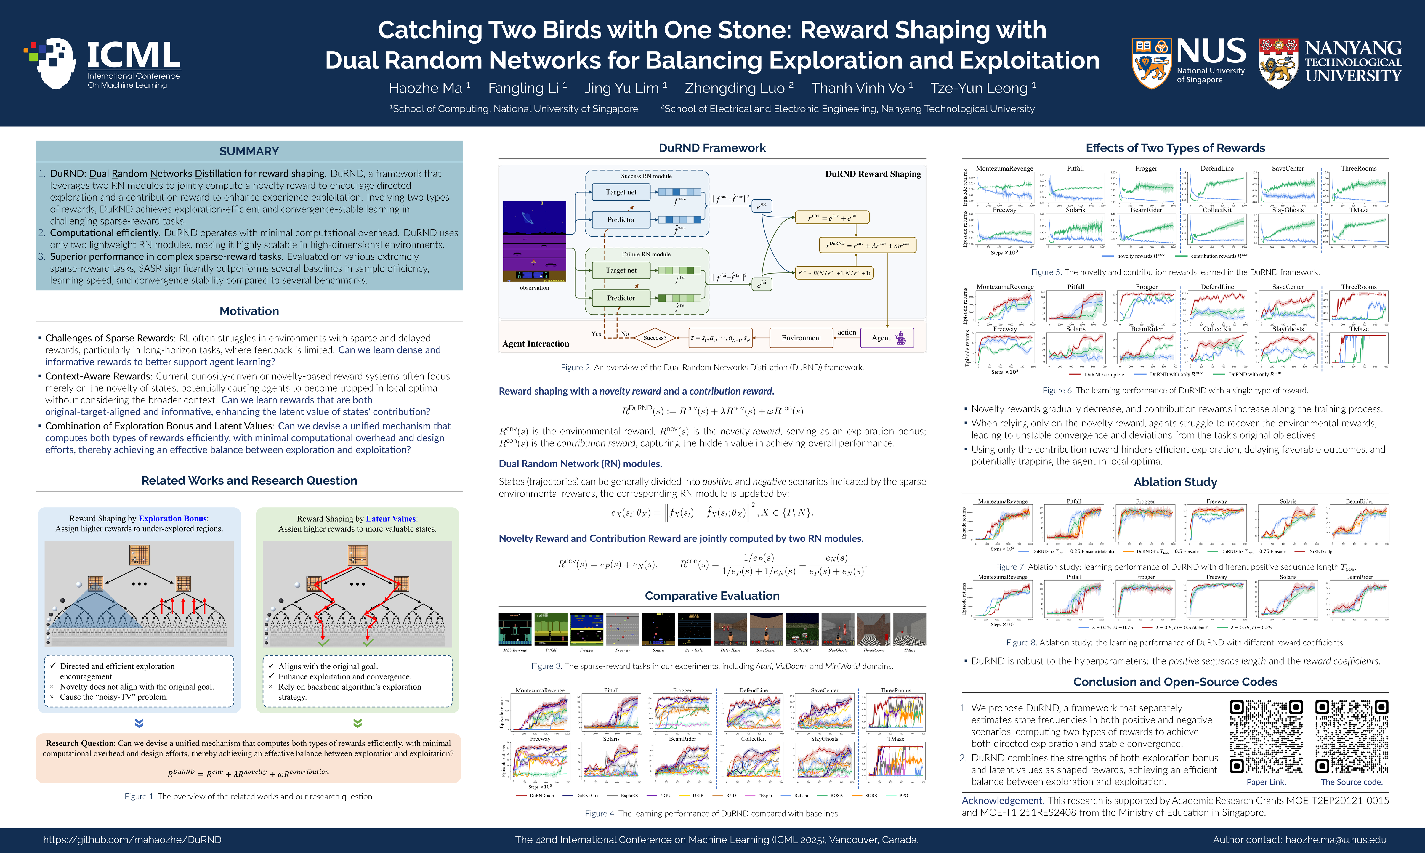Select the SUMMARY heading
point(249,151)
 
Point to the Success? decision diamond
point(655,338)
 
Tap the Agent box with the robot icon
point(887,338)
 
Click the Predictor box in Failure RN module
point(621,298)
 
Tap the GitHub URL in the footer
point(132,840)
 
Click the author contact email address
point(1335,840)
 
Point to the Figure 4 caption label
point(600,813)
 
